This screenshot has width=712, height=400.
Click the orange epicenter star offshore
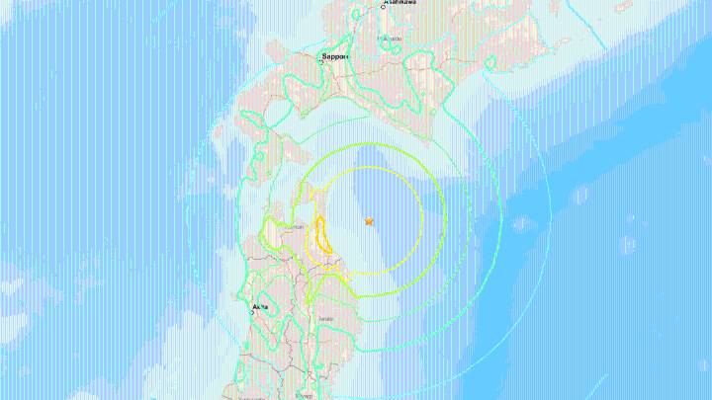(368, 222)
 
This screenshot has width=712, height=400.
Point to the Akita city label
(260, 306)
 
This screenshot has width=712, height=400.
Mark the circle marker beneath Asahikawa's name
(383, 8)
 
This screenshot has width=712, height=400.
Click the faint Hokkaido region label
(392, 40)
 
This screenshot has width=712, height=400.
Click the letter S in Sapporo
(324, 57)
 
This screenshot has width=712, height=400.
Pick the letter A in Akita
(254, 306)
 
